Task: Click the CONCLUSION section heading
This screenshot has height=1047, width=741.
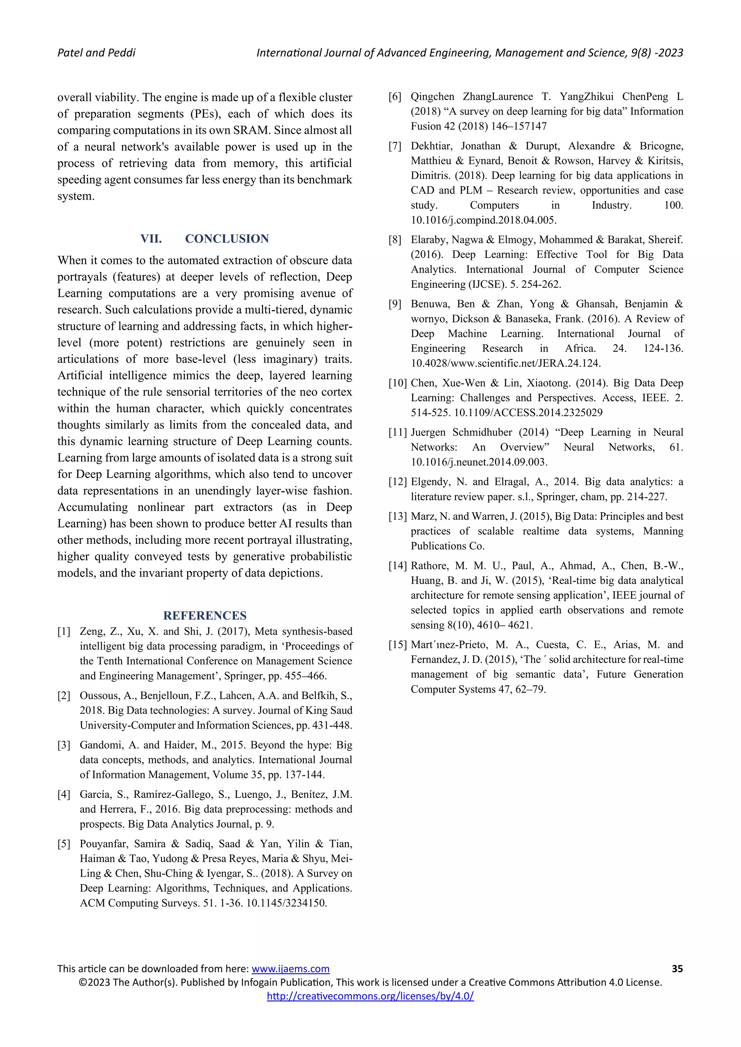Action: (x=227, y=239)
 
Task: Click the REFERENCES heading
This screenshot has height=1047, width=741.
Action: (x=205, y=616)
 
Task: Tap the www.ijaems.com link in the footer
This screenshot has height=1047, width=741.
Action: (x=290, y=969)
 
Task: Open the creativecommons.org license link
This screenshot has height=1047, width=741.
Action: (x=370, y=996)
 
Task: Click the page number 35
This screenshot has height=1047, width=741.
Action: (x=677, y=969)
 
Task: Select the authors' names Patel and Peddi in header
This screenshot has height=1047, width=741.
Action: (x=96, y=53)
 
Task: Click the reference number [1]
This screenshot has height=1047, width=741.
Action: (x=64, y=632)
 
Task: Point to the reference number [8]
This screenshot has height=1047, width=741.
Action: (x=395, y=240)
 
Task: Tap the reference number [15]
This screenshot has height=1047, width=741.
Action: (x=397, y=645)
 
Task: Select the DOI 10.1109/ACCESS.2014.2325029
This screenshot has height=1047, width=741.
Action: (x=528, y=413)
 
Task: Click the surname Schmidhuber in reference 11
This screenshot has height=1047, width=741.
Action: (x=482, y=432)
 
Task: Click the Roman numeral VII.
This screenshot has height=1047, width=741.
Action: (x=151, y=239)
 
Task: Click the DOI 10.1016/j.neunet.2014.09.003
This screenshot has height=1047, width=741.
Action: (x=478, y=462)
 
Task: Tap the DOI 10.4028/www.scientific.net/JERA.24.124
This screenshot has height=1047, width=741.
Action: (x=505, y=363)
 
